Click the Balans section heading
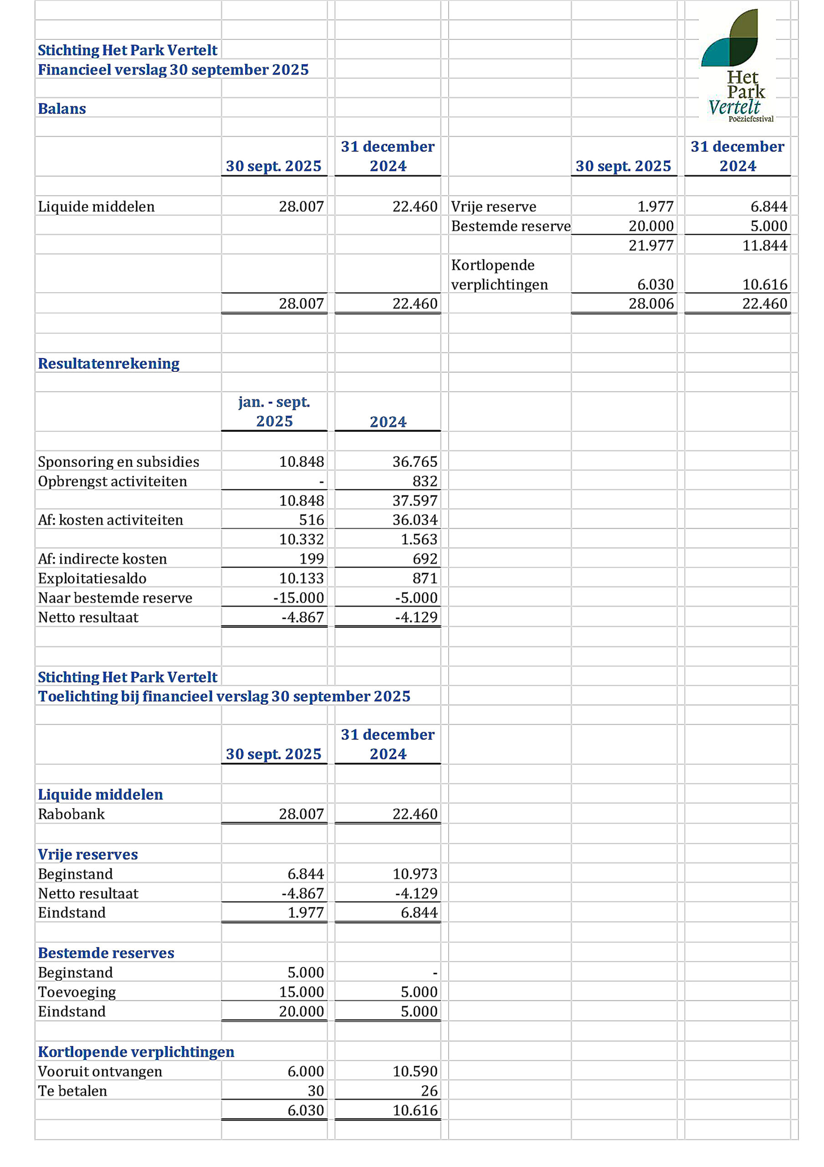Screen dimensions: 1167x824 pyautogui.click(x=62, y=109)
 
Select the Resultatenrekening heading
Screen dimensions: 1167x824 pyautogui.click(x=109, y=363)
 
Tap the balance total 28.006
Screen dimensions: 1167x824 pyautogui.click(x=651, y=304)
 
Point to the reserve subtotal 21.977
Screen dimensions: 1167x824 pyautogui.click(x=651, y=245)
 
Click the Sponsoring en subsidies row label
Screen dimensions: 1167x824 pyautogui.click(x=118, y=461)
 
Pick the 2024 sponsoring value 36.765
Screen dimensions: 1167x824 pyautogui.click(x=415, y=461)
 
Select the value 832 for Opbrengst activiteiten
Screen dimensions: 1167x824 pyautogui.click(x=425, y=481)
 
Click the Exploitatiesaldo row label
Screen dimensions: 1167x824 pyautogui.click(x=92, y=578)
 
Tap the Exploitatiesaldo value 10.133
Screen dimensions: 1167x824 pyautogui.click(x=301, y=578)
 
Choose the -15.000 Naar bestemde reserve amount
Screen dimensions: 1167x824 pyautogui.click(x=299, y=597)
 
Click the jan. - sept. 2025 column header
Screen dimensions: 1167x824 pyautogui.click(x=274, y=411)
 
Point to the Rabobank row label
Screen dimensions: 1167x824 pyautogui.click(x=71, y=814)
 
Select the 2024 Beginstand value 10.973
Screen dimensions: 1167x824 pyautogui.click(x=415, y=874)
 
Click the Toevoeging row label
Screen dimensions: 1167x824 pyautogui.click(x=77, y=991)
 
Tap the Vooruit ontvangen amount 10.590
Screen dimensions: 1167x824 pyautogui.click(x=415, y=1071)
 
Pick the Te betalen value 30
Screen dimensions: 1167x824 pyautogui.click(x=316, y=1090)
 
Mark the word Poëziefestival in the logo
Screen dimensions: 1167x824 pyautogui.click(x=751, y=119)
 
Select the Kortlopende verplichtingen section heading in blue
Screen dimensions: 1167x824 pyautogui.click(x=136, y=1052)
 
